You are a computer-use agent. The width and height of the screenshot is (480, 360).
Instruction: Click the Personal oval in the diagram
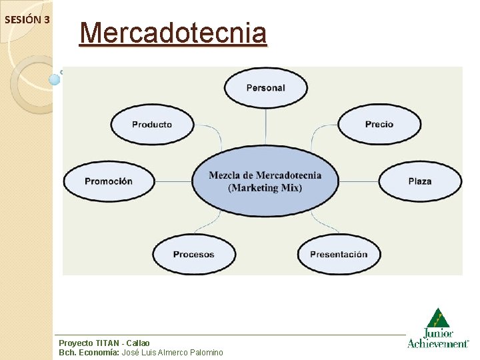[x=265, y=88]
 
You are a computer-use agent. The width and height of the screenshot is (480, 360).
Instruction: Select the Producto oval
[x=152, y=125]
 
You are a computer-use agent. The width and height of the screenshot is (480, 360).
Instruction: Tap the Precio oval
[x=379, y=125]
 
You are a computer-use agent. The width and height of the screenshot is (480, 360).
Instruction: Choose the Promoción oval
[x=108, y=181]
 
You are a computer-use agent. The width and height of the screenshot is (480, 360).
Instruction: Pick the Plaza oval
[x=420, y=181]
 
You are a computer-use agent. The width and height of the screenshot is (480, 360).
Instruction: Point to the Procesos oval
[x=194, y=254]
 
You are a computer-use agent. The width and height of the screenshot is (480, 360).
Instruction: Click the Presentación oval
[x=339, y=254]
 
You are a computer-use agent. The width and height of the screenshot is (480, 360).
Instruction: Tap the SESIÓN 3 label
[x=27, y=19]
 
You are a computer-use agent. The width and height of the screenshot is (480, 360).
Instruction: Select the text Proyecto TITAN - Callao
[x=105, y=343]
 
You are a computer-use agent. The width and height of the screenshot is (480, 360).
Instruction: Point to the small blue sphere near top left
[x=55, y=79]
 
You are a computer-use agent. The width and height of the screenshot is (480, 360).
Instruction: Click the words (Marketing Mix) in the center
[x=265, y=188]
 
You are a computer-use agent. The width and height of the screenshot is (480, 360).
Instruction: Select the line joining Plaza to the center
[x=359, y=181]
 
